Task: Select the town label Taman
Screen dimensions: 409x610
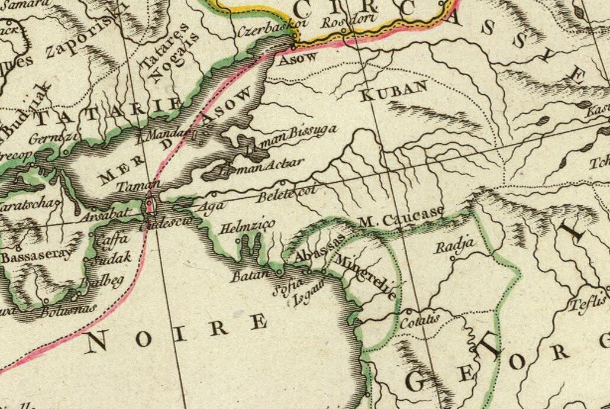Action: pyautogui.click(x=134, y=185)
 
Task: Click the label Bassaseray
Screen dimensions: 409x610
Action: pyautogui.click(x=35, y=257)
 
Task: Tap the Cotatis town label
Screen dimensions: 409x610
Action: pyautogui.click(x=419, y=321)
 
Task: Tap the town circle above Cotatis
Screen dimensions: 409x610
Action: pyautogui.click(x=409, y=310)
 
